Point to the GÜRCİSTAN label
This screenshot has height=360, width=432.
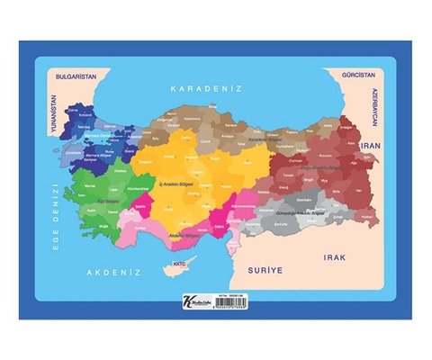(352, 78)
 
